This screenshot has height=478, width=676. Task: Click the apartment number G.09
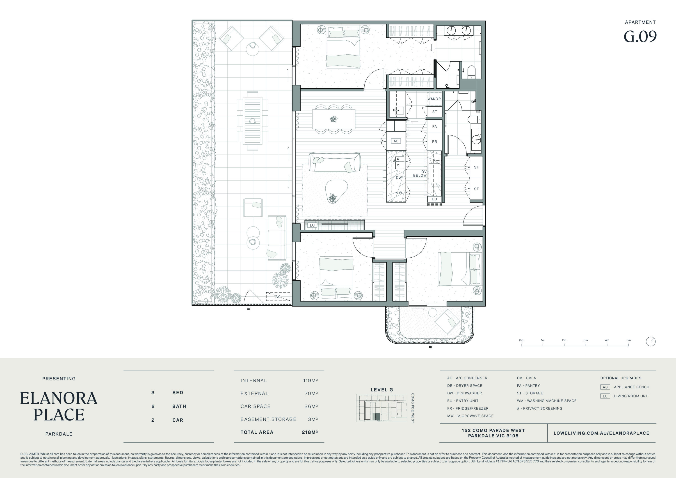tap(640, 37)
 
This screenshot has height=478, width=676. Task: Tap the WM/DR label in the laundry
tap(434, 99)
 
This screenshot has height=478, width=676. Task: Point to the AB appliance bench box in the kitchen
tap(396, 141)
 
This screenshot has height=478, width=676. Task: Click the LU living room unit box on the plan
tap(312, 225)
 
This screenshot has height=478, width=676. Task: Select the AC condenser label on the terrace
tap(278, 297)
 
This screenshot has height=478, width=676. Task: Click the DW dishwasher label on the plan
tap(399, 178)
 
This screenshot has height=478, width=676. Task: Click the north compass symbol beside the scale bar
tap(651, 342)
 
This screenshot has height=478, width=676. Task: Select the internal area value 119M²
tap(310, 380)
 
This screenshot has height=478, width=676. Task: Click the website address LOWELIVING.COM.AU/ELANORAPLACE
tap(601, 433)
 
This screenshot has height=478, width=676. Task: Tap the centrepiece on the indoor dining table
tap(333, 119)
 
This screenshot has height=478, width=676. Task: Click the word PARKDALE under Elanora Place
tap(59, 434)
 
